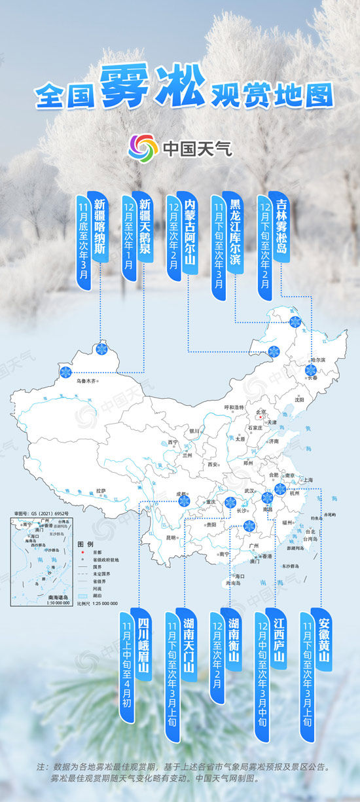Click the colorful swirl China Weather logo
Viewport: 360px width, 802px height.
[143, 148]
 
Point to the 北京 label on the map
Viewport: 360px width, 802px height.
[262, 412]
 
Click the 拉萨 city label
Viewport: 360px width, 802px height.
[100, 490]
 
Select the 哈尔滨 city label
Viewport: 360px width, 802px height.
[317, 359]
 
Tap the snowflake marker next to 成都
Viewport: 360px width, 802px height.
[184, 501]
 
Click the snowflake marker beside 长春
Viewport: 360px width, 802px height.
[310, 370]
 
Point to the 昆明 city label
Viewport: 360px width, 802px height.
[171, 538]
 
